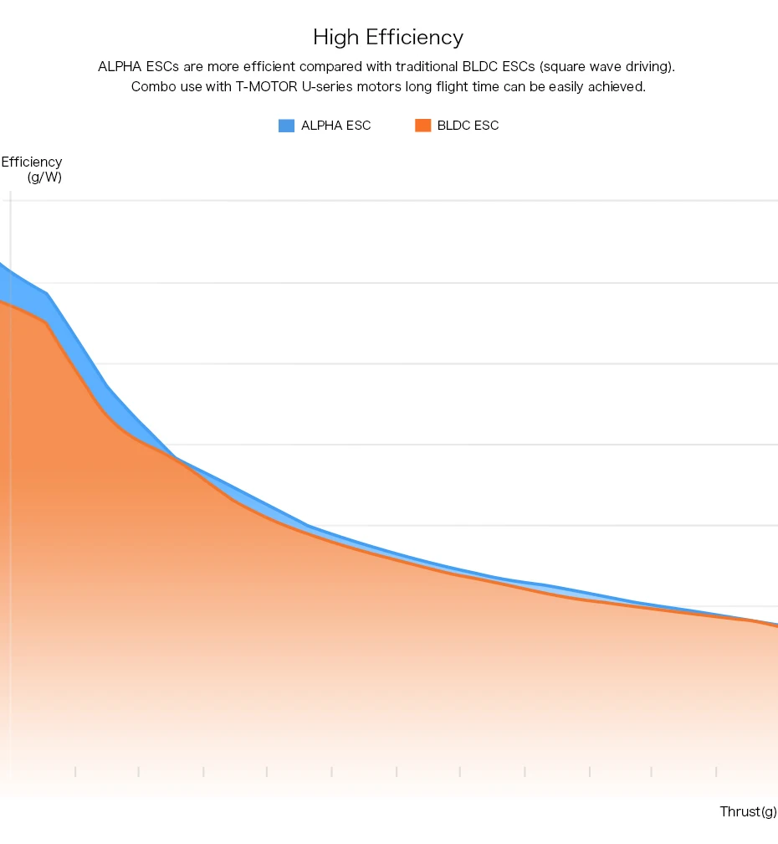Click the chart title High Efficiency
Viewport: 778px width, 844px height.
point(388,38)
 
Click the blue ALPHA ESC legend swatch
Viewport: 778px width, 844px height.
point(286,126)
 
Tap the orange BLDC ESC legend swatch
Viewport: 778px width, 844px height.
point(422,126)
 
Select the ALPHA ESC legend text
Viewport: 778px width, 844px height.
point(335,126)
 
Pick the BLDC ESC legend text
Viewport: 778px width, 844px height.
point(468,126)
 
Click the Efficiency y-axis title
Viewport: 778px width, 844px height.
point(32,162)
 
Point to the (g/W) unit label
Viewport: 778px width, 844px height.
point(44,178)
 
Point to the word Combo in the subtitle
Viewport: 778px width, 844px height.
point(151,87)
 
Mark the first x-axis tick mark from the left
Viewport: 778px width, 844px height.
point(75,771)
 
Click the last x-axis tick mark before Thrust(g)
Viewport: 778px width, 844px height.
point(716,771)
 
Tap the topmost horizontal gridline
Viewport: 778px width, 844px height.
point(393,201)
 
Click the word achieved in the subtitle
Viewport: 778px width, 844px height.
point(618,87)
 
